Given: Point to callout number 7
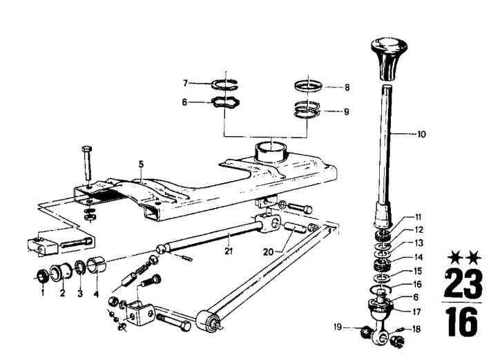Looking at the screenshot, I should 185,84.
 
